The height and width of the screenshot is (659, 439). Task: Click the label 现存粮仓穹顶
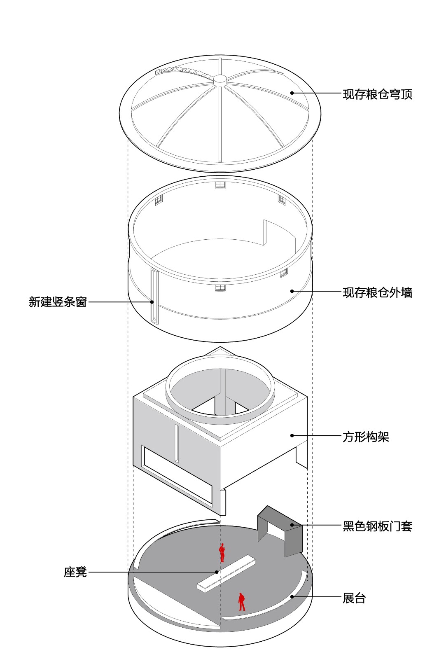pyautogui.click(x=377, y=94)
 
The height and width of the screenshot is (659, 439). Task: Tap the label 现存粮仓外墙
pyautogui.click(x=377, y=292)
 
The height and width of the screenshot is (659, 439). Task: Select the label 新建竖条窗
pyautogui.click(x=58, y=302)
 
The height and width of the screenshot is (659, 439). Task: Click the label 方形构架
pyautogui.click(x=366, y=437)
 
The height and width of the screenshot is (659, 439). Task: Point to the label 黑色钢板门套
pyautogui.click(x=377, y=526)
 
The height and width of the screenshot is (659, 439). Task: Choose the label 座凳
pyautogui.click(x=75, y=572)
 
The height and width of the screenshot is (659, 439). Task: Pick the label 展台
pyautogui.click(x=354, y=598)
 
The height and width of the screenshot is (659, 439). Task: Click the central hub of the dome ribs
pyautogui.click(x=220, y=79)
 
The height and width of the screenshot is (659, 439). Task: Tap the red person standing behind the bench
pyautogui.click(x=222, y=553)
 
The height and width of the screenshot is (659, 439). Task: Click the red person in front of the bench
pyautogui.click(x=242, y=601)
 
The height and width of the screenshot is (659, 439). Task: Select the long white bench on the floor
pyautogui.click(x=227, y=573)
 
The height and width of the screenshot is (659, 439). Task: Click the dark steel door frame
pyautogui.click(x=293, y=535)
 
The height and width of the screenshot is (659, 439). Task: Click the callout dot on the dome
pyautogui.click(x=292, y=93)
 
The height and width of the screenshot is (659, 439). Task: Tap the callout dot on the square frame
pyautogui.click(x=292, y=435)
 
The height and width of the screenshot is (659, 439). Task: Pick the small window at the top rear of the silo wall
pyautogui.click(x=220, y=185)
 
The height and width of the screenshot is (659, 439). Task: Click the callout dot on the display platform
pyautogui.click(x=292, y=596)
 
